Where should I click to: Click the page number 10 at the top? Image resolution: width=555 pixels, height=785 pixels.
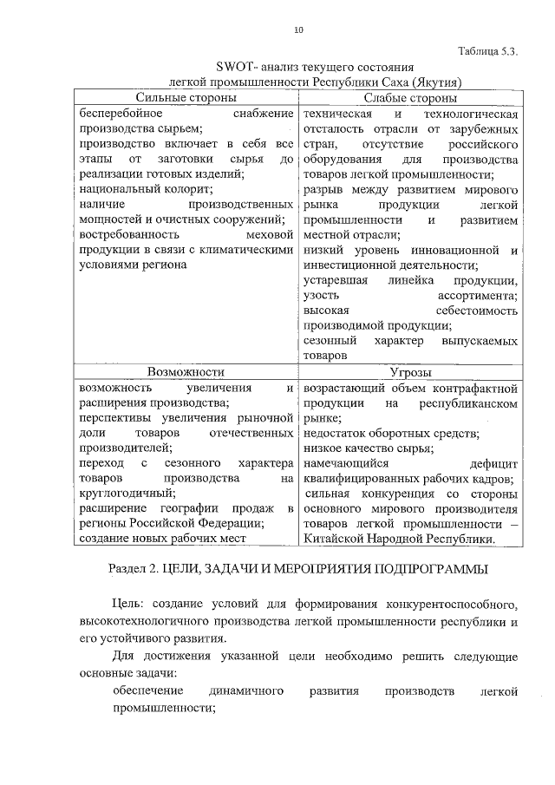pos(298,30)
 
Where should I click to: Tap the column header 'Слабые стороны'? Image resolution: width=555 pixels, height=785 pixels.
pos(410,98)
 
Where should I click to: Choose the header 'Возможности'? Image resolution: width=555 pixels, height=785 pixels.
pos(186,371)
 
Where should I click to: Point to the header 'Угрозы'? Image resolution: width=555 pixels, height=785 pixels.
pos(411,371)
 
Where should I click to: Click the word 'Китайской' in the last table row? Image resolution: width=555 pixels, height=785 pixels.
pos(335,539)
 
